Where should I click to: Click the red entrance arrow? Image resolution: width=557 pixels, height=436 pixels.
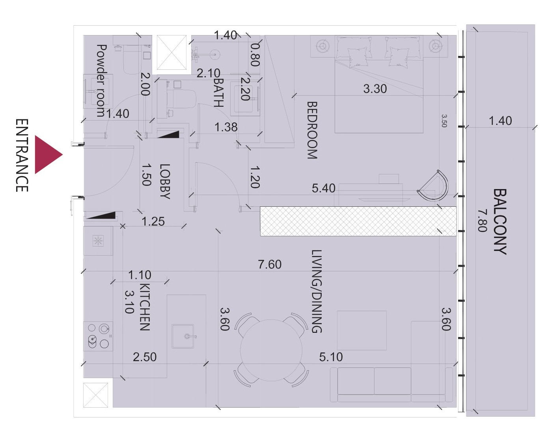(x=46, y=155)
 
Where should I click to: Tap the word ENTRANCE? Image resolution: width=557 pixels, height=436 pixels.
(x=22, y=156)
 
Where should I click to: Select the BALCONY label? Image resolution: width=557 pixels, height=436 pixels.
(x=500, y=222)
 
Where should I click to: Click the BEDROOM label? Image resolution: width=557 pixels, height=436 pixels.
(x=312, y=130)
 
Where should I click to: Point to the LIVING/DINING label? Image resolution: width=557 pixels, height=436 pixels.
(x=317, y=291)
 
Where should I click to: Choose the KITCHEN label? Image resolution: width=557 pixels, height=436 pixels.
(x=145, y=307)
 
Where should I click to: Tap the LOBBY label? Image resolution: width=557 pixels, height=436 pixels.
(x=165, y=182)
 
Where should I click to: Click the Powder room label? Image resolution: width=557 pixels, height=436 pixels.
(x=101, y=81)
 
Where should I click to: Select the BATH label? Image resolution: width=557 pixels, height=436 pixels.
(x=219, y=93)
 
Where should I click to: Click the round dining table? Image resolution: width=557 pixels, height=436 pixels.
(x=271, y=350)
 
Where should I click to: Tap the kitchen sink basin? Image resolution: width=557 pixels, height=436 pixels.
(x=183, y=336)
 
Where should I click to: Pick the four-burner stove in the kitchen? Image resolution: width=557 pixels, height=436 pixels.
(x=98, y=336)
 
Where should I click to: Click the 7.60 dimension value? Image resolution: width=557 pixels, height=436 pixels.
(x=270, y=264)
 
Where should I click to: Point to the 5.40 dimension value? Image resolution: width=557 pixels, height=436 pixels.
(x=324, y=188)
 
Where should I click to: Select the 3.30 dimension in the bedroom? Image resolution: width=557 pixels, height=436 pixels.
(x=375, y=89)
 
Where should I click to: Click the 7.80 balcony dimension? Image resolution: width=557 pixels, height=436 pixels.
(x=482, y=221)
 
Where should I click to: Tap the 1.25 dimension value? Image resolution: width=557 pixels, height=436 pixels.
(x=153, y=221)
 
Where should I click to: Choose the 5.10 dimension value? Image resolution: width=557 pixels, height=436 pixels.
(x=331, y=357)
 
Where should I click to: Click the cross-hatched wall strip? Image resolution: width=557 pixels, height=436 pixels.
(x=358, y=221)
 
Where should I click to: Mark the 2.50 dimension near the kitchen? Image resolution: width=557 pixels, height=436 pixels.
(x=145, y=357)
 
